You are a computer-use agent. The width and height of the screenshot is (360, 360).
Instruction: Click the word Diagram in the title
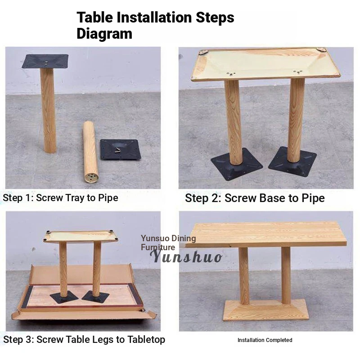pyautogui.click(x=104, y=34)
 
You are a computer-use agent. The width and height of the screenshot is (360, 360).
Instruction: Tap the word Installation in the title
pyautogui.click(x=154, y=17)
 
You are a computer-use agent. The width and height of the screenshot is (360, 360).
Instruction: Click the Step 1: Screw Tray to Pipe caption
pyautogui.click(x=60, y=198)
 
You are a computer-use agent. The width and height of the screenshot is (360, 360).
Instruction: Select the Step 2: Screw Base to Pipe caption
pyautogui.click(x=255, y=198)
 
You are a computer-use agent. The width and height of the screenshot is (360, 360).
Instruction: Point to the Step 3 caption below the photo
pyautogui.click(x=84, y=339)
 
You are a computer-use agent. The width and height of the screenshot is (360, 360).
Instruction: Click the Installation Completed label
pyautogui.click(x=265, y=340)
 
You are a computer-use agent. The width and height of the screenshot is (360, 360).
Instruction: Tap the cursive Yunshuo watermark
pyautogui.click(x=186, y=256)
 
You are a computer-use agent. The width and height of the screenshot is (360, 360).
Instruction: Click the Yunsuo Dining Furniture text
pyautogui.click(x=168, y=243)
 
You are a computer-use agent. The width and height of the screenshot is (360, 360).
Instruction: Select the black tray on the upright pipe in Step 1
pyautogui.click(x=45, y=61)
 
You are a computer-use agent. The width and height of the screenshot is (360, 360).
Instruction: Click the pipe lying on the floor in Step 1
pyautogui.click(x=90, y=152)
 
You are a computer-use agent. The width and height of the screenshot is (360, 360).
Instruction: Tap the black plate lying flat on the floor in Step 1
pyautogui.click(x=120, y=149)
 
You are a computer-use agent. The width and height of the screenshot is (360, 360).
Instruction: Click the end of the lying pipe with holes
pyautogui.click(x=91, y=177)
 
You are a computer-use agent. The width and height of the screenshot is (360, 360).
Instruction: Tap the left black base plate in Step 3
pyautogui.click(x=64, y=297)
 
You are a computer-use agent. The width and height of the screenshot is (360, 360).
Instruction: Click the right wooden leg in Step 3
pyautogui.click(x=97, y=269)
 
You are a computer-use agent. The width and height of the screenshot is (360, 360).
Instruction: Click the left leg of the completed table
pyautogui.click(x=244, y=276)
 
